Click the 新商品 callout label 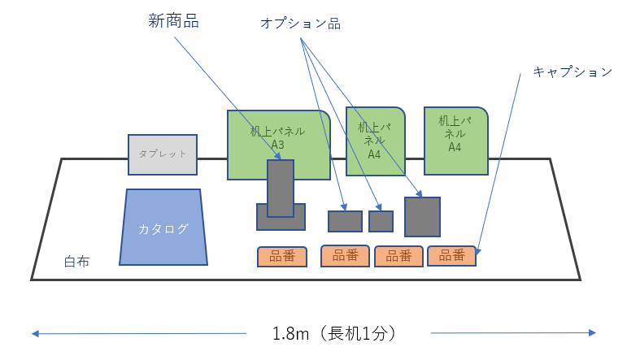pyautogui.click(x=173, y=21)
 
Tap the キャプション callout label pyautogui.click(x=572, y=72)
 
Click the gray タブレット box pyautogui.click(x=163, y=154)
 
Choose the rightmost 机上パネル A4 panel pyautogui.click(x=455, y=140)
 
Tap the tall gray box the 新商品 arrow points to pyautogui.click(x=281, y=188)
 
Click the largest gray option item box pyautogui.click(x=422, y=216)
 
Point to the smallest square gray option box pyautogui.click(x=381, y=221)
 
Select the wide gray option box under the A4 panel pyautogui.click(x=345, y=221)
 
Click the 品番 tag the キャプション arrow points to pyautogui.click(x=451, y=256)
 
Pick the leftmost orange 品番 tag pyautogui.click(x=282, y=257)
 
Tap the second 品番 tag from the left pyautogui.click(x=346, y=256)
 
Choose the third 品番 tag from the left pyautogui.click(x=398, y=256)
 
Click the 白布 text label pyautogui.click(x=77, y=262)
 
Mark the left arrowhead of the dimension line pyautogui.click(x=35, y=333)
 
